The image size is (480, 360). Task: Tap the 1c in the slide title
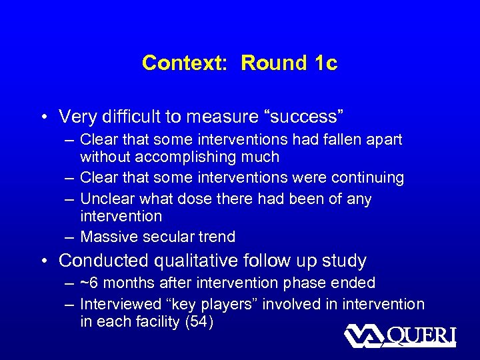point(323,63)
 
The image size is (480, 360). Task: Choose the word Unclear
point(106,199)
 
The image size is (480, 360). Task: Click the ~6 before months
point(87,283)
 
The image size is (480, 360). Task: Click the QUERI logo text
point(421,335)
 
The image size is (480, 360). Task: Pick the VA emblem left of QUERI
point(363,335)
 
